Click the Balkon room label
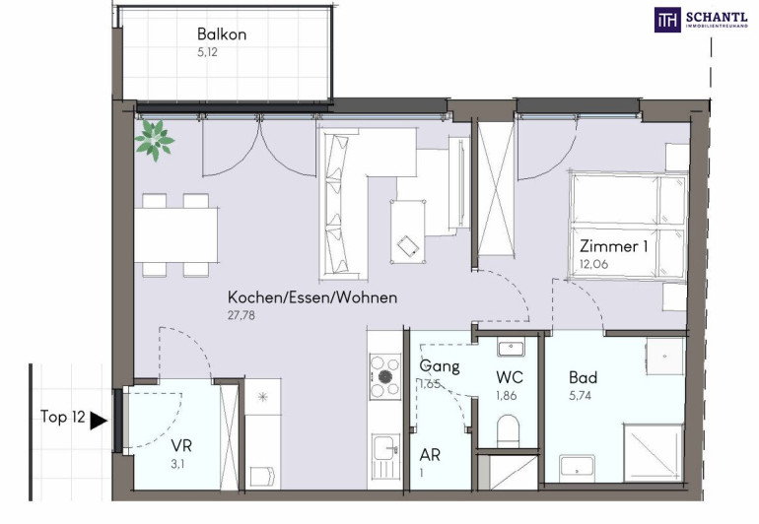222,34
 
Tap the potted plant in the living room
155,140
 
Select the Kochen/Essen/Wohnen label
312,297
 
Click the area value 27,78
241,315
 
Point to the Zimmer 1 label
613,246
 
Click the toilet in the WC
508,431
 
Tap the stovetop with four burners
385,376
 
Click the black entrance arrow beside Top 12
99,421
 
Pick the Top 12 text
63,417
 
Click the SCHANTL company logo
702,20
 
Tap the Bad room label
583,377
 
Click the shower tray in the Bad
654,453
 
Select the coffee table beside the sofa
408,231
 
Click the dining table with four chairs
175,235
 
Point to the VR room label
181,445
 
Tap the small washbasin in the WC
512,349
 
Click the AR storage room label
430,455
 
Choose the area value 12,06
593,264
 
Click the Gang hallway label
440,365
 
